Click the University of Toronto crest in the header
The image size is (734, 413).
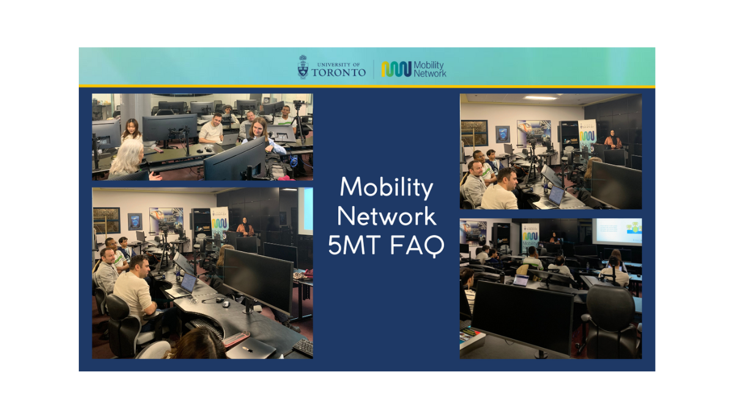pyautogui.click(x=303, y=67)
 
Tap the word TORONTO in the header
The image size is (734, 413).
pyautogui.click(x=339, y=72)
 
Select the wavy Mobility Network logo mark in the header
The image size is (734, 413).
pyautogui.click(x=396, y=69)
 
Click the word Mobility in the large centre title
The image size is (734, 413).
pyautogui.click(x=387, y=188)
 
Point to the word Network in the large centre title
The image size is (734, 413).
pyautogui.click(x=387, y=217)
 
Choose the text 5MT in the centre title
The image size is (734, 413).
pyautogui.click(x=355, y=245)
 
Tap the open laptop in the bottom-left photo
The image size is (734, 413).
pyautogui.click(x=182, y=285)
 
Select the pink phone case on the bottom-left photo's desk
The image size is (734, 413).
pyautogui.click(x=236, y=339)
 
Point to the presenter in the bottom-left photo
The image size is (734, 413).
pyautogui.click(x=245, y=226)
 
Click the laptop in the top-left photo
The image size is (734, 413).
pyautogui.click(x=229, y=140)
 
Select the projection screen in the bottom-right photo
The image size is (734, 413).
pyautogui.click(x=617, y=232)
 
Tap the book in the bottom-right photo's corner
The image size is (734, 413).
pyautogui.click(x=472, y=340)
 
